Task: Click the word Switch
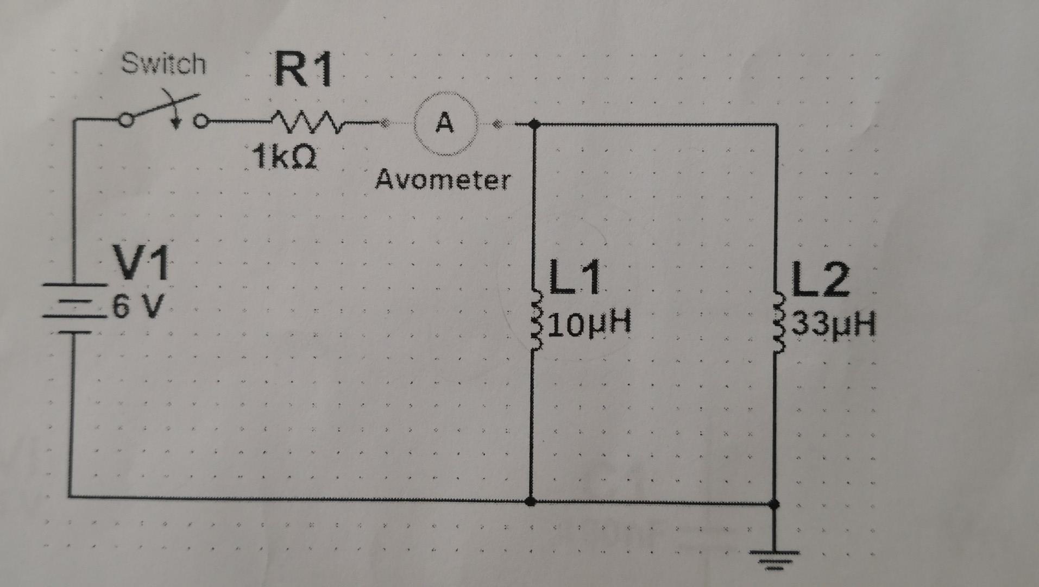point(163,64)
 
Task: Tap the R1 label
point(303,70)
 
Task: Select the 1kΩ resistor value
point(284,158)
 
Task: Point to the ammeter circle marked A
point(445,124)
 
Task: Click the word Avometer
point(443,179)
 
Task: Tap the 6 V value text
point(138,307)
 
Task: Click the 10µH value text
point(590,323)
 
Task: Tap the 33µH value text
point(834,325)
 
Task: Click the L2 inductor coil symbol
point(778,324)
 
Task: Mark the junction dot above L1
point(534,124)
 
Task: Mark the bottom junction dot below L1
point(532,501)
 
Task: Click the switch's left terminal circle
point(125,121)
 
